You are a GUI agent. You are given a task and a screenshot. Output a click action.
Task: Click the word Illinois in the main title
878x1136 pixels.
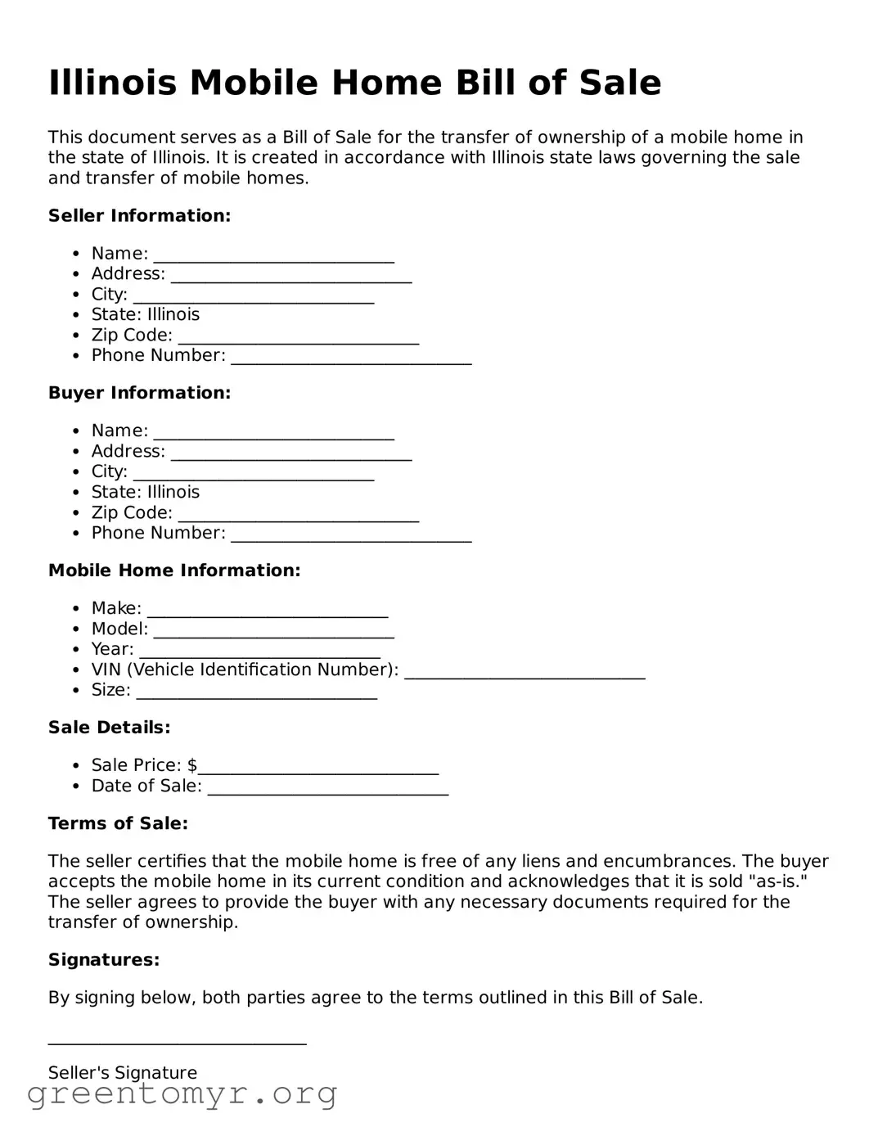coord(112,83)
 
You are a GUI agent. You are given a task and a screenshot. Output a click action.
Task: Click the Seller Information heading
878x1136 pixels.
coord(139,216)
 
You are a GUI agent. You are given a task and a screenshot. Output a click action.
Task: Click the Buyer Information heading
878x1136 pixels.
coord(139,393)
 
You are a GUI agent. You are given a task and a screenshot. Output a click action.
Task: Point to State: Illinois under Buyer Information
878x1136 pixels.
coord(145,492)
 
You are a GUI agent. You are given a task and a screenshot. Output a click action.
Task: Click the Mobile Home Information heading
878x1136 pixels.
coord(174,570)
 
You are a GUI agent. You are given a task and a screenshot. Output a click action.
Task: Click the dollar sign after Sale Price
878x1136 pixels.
coord(192,765)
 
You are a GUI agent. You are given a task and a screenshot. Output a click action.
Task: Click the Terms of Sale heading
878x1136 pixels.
coord(118,823)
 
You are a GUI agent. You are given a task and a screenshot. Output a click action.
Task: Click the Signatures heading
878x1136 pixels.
coord(104,960)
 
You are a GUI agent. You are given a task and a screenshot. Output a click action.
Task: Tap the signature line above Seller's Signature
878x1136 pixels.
coord(177,1043)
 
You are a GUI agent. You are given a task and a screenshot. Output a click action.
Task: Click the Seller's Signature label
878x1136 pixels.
coord(123,1073)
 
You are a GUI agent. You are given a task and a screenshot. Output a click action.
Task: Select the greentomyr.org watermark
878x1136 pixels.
coord(182,1094)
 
